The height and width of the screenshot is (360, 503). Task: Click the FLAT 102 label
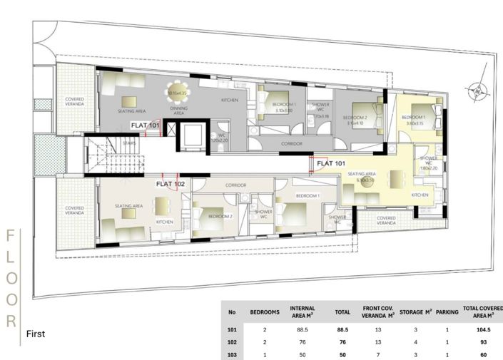point(171,184)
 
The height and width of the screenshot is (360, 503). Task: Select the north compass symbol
point(473,91)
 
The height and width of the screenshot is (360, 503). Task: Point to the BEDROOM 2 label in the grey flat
point(354,118)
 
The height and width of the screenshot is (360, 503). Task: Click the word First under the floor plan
point(36,334)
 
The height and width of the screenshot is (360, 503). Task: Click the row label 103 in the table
point(231,354)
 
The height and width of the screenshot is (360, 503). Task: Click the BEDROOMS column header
point(264,312)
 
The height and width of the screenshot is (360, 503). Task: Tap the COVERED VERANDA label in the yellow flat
point(386,221)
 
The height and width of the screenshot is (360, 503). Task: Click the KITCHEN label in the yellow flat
point(420,195)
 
